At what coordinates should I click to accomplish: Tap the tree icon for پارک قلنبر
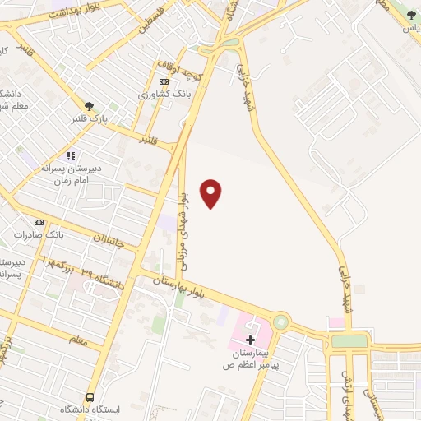coord(89,105)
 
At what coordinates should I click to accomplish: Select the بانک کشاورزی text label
coord(164,95)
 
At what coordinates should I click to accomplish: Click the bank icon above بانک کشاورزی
coord(164,81)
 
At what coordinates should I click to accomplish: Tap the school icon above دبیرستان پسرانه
coord(71,155)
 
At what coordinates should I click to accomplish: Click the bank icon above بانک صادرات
coord(38,222)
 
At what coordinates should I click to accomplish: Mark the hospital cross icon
coord(251,339)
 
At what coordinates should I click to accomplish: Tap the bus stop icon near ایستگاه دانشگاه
coord(90,396)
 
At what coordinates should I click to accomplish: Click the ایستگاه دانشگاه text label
coord(90,409)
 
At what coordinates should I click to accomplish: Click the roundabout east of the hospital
coord(281,322)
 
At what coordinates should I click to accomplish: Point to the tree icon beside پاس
coord(411,15)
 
